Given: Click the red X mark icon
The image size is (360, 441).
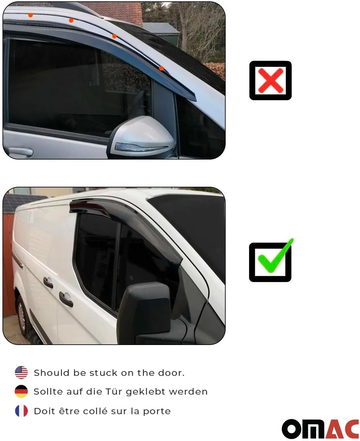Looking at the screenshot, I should [270, 80].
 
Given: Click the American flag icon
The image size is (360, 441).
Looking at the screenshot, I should [21, 373].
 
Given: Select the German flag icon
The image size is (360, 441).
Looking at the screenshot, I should [21, 392].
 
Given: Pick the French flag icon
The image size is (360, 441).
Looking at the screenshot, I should [21, 411].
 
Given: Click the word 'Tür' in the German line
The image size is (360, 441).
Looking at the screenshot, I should [114, 392].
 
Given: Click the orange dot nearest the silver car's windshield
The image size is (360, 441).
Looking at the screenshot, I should [161, 68].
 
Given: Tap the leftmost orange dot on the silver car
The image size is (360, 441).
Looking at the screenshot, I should [30, 15].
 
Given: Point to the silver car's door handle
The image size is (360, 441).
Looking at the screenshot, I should [20, 152].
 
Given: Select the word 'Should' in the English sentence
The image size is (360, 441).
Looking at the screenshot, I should [52, 373].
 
